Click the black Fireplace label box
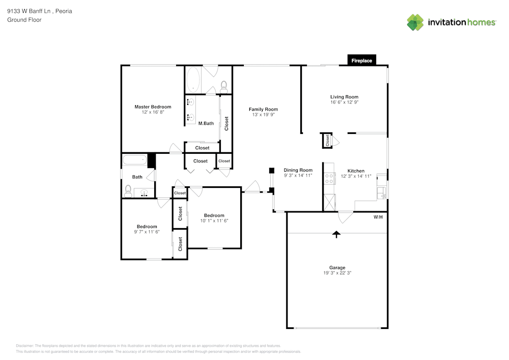(362, 61)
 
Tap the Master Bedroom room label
(153, 107)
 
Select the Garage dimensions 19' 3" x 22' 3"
(337, 273)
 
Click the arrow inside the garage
(336, 234)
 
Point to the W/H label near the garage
(378, 217)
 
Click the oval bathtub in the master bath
(193, 80)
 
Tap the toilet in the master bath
(223, 85)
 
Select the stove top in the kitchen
(329, 178)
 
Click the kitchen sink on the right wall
(382, 192)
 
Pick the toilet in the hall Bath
(128, 191)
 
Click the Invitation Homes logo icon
(415, 22)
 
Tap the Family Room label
(263, 109)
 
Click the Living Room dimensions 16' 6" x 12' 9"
(344, 102)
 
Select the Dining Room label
(298, 170)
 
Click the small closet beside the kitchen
(326, 141)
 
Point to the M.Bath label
(206, 123)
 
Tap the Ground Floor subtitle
(24, 20)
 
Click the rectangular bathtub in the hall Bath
(134, 160)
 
